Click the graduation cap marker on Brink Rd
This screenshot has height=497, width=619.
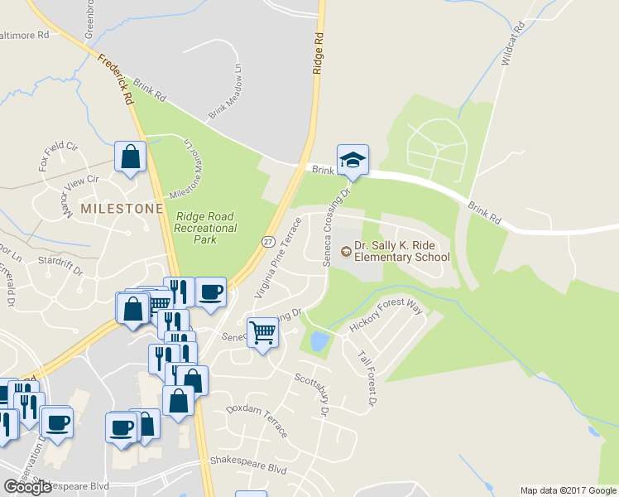point(353,161)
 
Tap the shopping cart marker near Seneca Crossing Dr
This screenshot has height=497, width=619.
point(262,333)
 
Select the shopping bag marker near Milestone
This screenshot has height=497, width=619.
point(131,157)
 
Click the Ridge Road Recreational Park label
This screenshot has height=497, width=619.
point(206,228)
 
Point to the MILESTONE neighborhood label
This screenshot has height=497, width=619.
point(121,209)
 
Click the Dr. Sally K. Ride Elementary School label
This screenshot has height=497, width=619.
point(401,251)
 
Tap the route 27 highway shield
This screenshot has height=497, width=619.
point(268,241)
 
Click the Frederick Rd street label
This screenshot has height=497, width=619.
point(116,80)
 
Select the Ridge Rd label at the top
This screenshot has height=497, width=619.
point(317,55)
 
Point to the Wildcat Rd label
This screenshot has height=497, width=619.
point(513,45)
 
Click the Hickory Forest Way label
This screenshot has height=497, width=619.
point(386,318)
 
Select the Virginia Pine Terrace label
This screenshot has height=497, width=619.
point(276,258)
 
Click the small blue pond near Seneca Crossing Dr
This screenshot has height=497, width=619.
point(317,340)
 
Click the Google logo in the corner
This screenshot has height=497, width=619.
point(27,487)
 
